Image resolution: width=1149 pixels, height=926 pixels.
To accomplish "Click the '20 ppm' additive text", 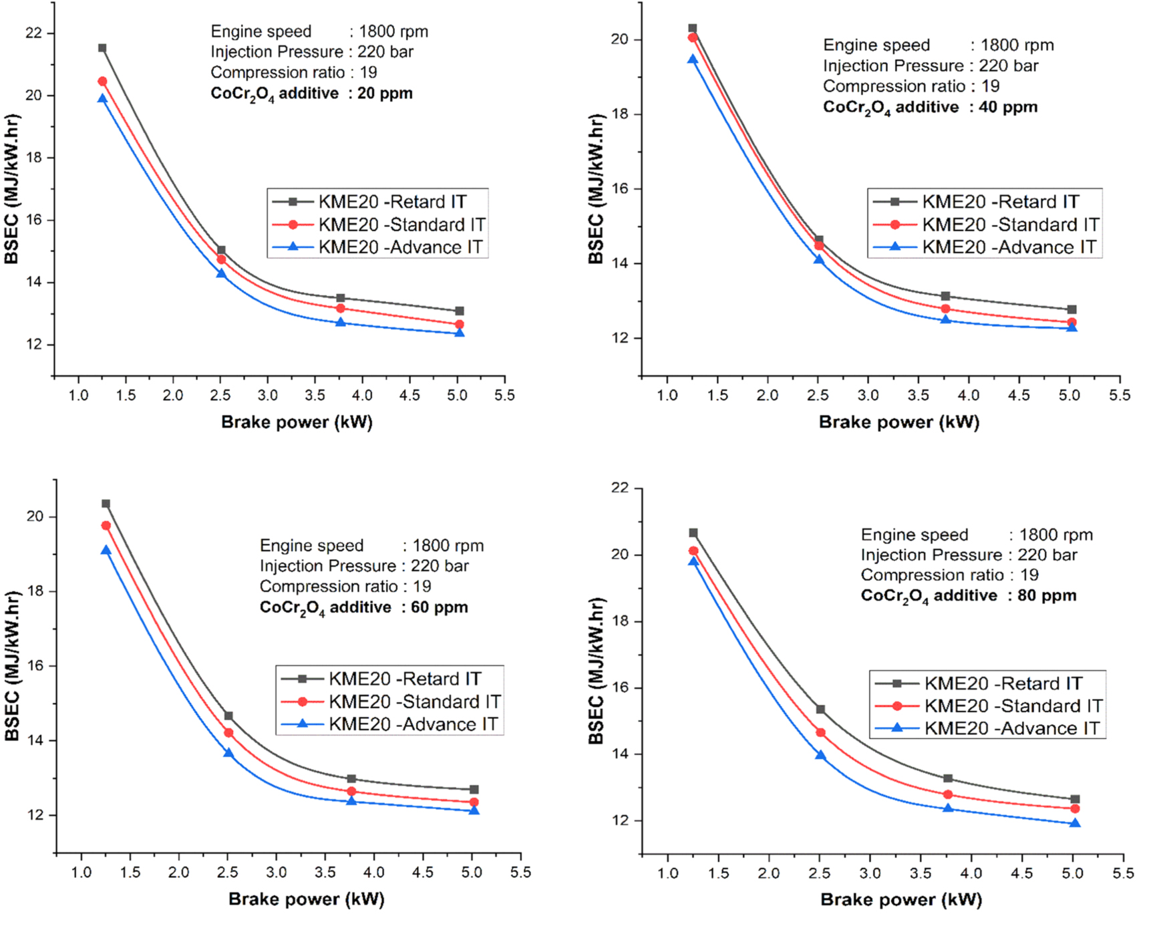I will pyautogui.click(x=385, y=93).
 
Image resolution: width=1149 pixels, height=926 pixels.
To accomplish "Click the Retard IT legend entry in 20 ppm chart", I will pyautogui.click(x=391, y=202).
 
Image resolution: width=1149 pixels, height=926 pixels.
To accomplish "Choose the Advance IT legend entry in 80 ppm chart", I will pyautogui.click(x=1011, y=728).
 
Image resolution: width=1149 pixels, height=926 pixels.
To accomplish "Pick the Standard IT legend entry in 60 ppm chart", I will pyautogui.click(x=414, y=702).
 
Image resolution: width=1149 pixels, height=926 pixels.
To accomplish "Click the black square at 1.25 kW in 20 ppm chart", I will pyautogui.click(x=102, y=48).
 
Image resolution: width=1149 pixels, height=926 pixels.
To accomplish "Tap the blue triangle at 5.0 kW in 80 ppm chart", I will pyautogui.click(x=1075, y=823).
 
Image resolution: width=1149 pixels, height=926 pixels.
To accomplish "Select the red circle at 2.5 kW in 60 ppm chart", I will pyautogui.click(x=228, y=733).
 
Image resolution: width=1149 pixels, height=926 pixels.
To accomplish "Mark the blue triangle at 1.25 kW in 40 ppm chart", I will pyautogui.click(x=693, y=59).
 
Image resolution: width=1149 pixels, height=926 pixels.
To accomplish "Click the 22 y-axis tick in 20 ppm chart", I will pyautogui.click(x=33, y=33).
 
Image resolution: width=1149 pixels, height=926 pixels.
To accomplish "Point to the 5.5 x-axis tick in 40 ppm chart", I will pyautogui.click(x=1120, y=396).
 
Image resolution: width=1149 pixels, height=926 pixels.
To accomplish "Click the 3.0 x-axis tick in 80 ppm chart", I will pyautogui.click(x=870, y=873).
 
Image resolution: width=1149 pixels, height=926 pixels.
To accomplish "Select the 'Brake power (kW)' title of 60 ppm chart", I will pyautogui.click(x=307, y=899).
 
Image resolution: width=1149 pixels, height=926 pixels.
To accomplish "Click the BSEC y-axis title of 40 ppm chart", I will pyautogui.click(x=597, y=189).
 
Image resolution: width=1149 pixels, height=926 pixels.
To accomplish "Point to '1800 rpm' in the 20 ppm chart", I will pyautogui.click(x=393, y=31).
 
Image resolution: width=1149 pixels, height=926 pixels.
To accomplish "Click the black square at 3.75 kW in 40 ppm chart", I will pyautogui.click(x=945, y=296).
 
